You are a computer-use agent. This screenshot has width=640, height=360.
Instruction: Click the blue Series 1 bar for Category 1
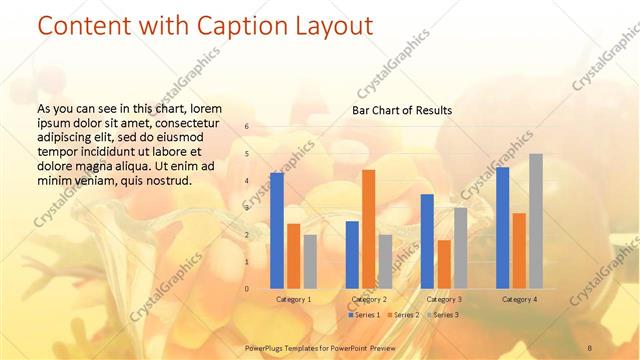(277, 231)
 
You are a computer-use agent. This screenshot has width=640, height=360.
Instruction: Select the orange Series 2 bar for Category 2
(368, 229)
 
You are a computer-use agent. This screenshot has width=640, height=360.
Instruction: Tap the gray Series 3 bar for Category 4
(536, 221)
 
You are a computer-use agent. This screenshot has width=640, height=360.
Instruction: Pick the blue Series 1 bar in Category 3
(427, 241)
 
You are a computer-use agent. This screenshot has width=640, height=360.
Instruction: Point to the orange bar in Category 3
(444, 264)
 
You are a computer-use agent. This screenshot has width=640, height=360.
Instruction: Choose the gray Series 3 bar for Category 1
(310, 262)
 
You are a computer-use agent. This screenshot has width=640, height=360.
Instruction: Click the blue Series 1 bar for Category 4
(502, 228)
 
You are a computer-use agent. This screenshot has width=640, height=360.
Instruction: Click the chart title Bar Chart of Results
(401, 110)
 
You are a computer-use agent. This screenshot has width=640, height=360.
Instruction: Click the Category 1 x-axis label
(293, 299)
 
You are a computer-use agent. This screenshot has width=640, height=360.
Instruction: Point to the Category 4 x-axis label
(519, 299)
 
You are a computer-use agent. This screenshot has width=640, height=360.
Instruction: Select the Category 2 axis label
(369, 299)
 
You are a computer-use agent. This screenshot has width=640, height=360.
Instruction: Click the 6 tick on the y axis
(246, 127)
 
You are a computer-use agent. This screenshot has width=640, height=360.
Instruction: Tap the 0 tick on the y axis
(246, 289)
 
